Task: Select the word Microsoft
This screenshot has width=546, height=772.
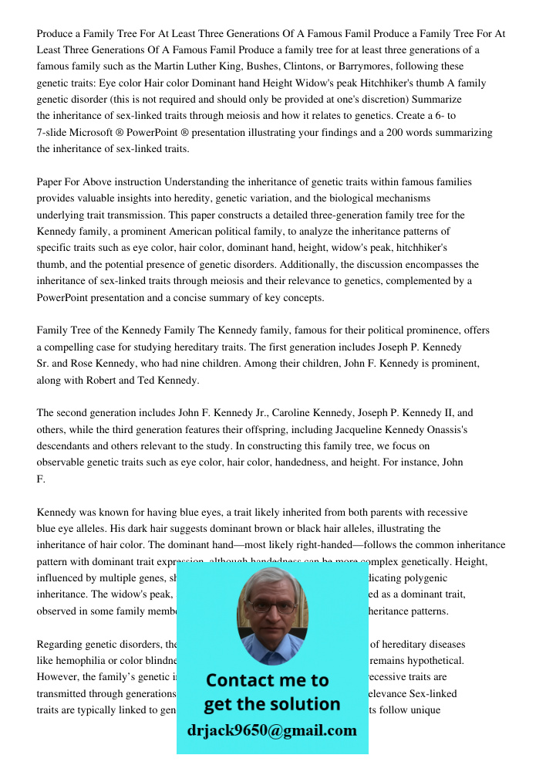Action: tap(97, 133)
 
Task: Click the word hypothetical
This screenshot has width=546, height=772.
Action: tap(437, 660)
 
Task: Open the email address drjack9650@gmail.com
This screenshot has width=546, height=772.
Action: tap(271, 730)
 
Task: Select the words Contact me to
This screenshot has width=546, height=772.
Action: tap(267, 680)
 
